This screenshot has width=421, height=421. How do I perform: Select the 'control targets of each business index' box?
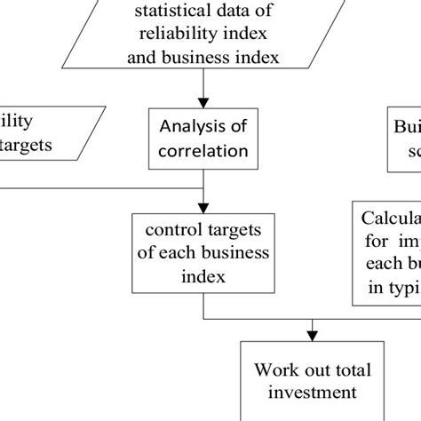203,253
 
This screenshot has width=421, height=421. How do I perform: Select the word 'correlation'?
203,150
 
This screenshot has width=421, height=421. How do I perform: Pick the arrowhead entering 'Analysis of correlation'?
204,101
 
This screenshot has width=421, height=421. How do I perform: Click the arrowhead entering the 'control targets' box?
204,208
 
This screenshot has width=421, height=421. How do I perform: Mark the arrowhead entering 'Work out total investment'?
312,335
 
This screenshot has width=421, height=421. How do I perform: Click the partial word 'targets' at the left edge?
28,144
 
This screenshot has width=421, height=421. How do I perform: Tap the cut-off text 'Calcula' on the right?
391,219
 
